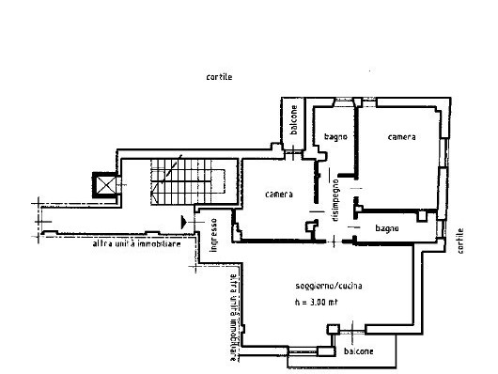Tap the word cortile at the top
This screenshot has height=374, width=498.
click(219, 77)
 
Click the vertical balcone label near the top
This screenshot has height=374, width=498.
click(294, 122)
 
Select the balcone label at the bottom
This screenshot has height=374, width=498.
click(358, 351)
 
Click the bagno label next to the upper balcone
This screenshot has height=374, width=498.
click(336, 137)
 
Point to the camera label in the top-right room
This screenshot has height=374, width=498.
click(401, 137)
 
